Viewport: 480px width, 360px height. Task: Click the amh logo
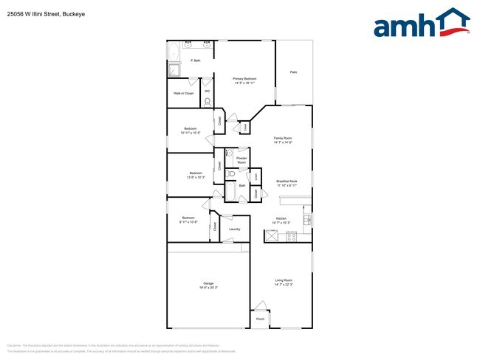point(422,24)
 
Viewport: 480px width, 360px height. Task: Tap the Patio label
point(293,72)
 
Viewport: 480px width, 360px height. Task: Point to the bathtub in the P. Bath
point(174,52)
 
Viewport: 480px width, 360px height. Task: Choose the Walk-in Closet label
point(184,94)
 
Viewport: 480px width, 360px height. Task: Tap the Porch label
point(260,319)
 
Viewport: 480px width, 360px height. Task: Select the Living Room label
point(284,280)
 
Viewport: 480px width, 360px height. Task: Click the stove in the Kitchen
point(291,236)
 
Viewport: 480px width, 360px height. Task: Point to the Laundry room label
point(235,229)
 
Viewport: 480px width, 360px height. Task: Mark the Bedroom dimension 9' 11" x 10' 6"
point(189,221)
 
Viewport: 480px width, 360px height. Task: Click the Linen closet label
point(256,176)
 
